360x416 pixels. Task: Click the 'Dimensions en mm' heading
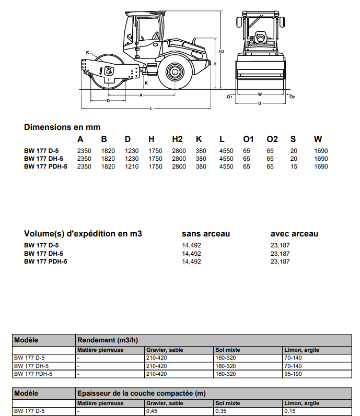coord(62,127)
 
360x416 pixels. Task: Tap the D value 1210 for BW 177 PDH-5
coord(132,167)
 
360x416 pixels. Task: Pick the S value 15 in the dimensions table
coord(294,167)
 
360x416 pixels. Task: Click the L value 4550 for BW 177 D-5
coord(226,151)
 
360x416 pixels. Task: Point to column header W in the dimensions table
coord(318,139)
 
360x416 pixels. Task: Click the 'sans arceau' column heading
coord(206,234)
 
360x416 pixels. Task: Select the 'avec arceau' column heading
coord(294,234)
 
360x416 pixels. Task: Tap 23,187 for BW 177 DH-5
coord(280,254)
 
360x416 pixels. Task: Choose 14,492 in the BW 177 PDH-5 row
coord(191,262)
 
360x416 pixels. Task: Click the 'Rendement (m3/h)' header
coord(107,340)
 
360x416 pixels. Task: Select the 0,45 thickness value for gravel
coord(152,411)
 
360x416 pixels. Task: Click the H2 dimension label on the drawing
coord(222,52)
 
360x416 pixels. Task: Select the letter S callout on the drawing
coord(88,53)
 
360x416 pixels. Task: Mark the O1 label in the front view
coord(229,97)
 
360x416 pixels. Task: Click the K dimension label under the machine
coord(146,83)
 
